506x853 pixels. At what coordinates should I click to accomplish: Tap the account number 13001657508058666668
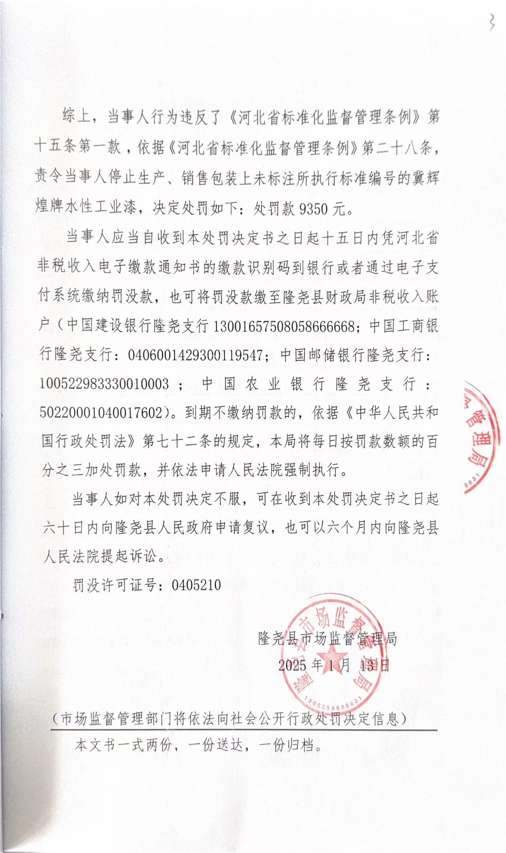tap(283, 327)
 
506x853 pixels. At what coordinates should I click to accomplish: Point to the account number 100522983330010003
tap(104, 384)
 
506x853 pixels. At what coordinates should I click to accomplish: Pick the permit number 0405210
tap(196, 585)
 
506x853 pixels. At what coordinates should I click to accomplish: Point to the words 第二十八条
tap(398, 148)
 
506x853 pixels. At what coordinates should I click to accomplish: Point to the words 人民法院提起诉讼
tap(101, 556)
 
